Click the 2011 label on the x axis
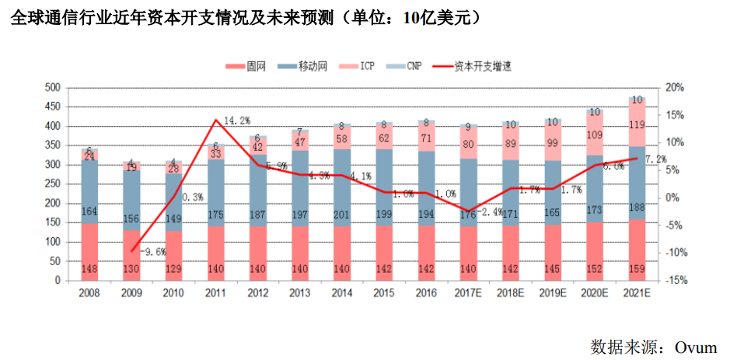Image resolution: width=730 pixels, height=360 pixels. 216,293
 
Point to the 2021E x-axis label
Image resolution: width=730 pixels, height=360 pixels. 637,293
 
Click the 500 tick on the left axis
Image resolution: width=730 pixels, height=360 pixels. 53,87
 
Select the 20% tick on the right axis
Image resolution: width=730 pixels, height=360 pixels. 675,87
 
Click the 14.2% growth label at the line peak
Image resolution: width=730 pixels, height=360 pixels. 237,121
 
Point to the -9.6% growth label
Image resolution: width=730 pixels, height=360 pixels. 154,251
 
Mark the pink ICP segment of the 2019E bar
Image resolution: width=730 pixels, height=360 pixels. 553,144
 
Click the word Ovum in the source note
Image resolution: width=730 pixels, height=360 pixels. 695,347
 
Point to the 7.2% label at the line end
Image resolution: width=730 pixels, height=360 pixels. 657,159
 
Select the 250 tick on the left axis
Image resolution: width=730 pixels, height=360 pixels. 53,184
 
